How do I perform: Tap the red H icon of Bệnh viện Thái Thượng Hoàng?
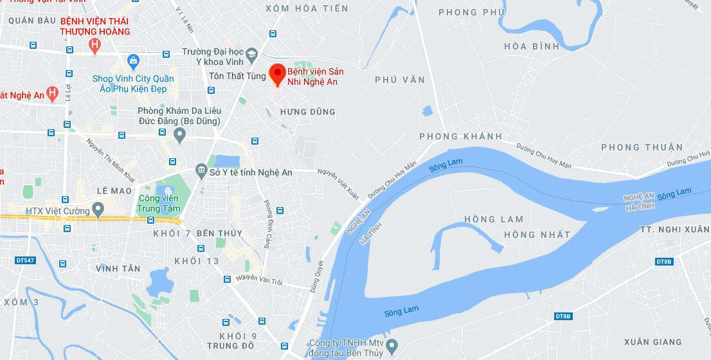point(95,46)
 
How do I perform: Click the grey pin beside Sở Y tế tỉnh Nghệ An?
point(202,172)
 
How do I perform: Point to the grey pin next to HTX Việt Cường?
point(98,210)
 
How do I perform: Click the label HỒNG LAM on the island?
point(494,219)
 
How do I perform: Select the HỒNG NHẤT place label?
point(537,235)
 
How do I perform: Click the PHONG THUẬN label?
point(642,147)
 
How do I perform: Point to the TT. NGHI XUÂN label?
point(676,230)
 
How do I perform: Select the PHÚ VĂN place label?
point(400,80)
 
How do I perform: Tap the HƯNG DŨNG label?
point(308,112)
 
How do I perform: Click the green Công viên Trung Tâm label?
point(158,203)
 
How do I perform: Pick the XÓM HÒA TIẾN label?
point(307,8)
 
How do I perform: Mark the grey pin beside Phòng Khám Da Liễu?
point(180,135)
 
